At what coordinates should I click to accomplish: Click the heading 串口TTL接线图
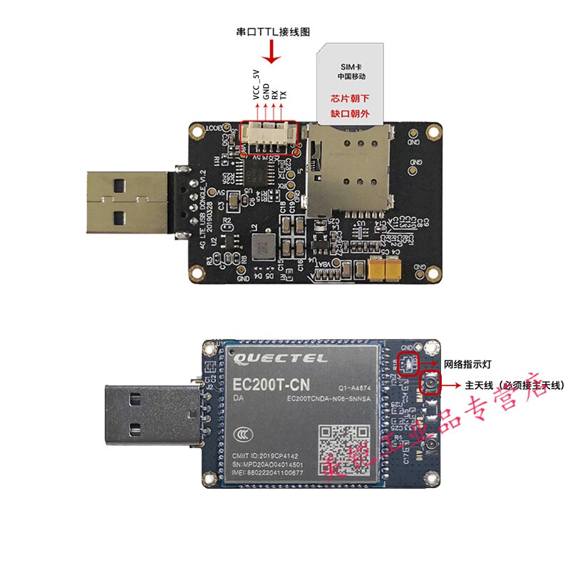pyautogui.click(x=273, y=32)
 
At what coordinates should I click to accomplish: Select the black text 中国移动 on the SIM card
pyautogui.click(x=351, y=76)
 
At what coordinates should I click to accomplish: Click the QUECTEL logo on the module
pyautogui.click(x=280, y=358)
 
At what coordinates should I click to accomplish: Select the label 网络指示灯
pyautogui.click(x=467, y=363)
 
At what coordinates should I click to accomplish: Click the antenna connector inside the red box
pyautogui.click(x=431, y=385)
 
